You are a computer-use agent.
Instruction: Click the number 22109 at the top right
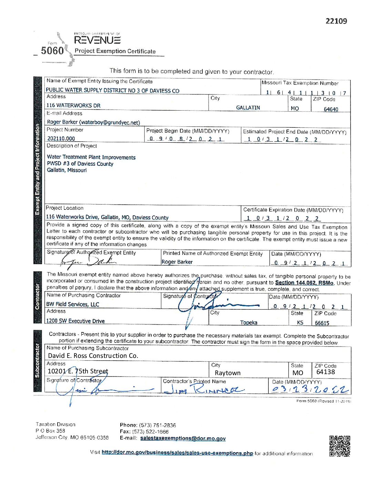click(x=336, y=21)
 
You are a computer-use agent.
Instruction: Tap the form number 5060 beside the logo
click(x=52, y=51)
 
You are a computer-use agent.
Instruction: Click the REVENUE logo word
click(x=97, y=40)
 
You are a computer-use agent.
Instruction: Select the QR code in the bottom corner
click(x=339, y=446)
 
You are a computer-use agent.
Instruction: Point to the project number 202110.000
click(x=61, y=138)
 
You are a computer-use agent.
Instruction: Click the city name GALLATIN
click(x=248, y=108)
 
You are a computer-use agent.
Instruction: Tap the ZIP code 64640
click(x=331, y=109)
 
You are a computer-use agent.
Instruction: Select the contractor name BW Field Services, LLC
click(x=73, y=304)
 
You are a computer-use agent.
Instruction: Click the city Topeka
click(x=249, y=322)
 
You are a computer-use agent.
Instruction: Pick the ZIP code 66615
click(x=322, y=323)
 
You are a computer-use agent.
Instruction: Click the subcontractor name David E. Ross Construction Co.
click(x=93, y=356)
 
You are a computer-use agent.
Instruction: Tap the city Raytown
click(x=227, y=373)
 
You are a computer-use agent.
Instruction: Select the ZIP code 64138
click(x=325, y=372)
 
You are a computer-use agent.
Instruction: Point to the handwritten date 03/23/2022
click(x=310, y=389)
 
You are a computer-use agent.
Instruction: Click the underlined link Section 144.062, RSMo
click(x=304, y=283)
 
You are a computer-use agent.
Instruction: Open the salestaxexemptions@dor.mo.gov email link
click(x=183, y=438)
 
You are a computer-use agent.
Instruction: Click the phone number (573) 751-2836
click(x=158, y=425)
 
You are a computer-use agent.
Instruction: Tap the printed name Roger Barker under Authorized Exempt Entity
click(x=177, y=262)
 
